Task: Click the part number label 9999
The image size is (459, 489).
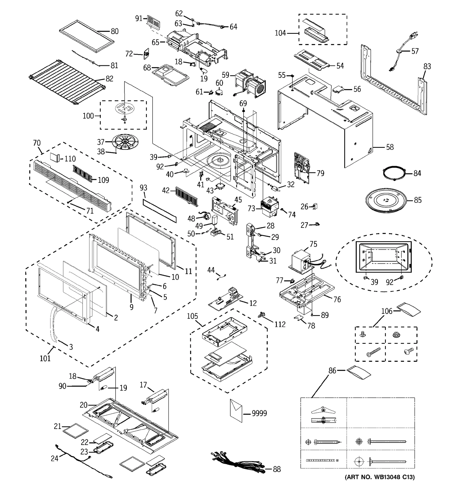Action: coord(259,413)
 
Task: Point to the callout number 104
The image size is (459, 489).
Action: coord(280,33)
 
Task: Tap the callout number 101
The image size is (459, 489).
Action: coord(45,358)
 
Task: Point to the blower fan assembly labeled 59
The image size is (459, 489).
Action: coord(250,83)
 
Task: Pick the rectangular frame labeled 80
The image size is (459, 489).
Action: coord(87,36)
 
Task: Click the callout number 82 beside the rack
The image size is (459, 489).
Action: coord(109,78)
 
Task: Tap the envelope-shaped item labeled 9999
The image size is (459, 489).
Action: coord(236,411)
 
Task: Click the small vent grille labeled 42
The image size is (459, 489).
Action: coord(187,196)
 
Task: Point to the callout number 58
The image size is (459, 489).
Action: coord(390,147)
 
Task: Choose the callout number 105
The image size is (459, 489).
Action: coord(192,316)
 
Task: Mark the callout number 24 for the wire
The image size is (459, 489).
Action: coord(55,458)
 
